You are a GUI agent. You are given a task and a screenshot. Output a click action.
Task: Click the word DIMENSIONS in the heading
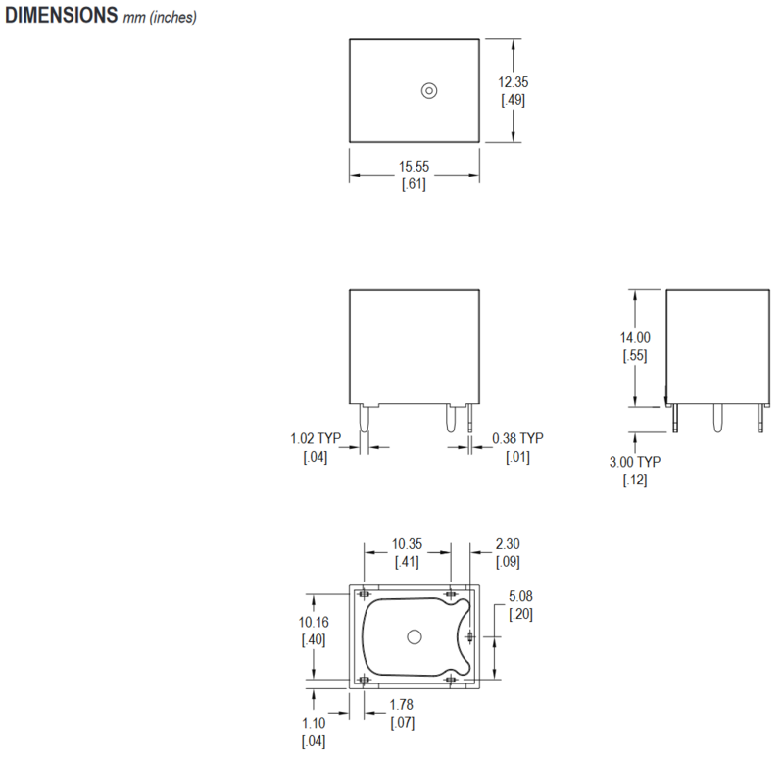(x=62, y=17)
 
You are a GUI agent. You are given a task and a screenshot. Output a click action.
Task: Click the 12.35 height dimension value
(x=514, y=83)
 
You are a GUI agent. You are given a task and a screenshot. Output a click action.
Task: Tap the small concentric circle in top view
(x=428, y=90)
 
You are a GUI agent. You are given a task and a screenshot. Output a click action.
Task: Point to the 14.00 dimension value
(x=635, y=338)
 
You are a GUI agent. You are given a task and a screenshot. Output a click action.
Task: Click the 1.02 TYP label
(x=315, y=438)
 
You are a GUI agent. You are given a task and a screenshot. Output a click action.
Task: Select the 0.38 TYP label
(x=516, y=438)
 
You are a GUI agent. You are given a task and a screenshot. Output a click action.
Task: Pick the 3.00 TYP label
(x=635, y=462)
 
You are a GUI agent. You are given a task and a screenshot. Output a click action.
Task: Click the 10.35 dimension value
(x=408, y=543)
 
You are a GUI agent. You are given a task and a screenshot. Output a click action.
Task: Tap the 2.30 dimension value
(x=509, y=543)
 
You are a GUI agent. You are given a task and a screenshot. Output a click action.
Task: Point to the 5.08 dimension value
(x=520, y=596)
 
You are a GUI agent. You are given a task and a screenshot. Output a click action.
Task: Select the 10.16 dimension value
(x=315, y=622)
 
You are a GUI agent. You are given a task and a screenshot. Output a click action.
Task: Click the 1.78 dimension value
(x=402, y=705)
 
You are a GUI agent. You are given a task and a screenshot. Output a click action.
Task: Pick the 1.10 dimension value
(x=314, y=724)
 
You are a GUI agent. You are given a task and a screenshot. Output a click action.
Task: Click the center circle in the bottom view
(x=414, y=636)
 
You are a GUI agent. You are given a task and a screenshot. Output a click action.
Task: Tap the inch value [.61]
(x=414, y=185)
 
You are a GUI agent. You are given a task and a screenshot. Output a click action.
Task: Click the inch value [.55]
(x=635, y=355)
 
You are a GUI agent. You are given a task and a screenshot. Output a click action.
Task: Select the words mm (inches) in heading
(x=160, y=19)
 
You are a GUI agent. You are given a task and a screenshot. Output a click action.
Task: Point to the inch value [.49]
(x=514, y=101)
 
